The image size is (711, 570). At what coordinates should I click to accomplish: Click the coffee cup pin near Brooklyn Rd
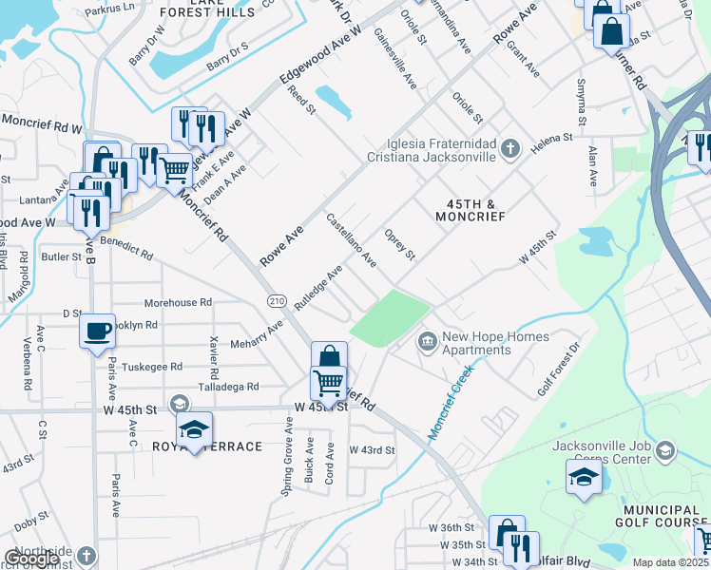pos(97,332)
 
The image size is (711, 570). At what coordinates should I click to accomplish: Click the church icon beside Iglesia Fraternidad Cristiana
pos(510,147)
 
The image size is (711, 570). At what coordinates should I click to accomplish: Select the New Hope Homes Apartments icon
pos(427,339)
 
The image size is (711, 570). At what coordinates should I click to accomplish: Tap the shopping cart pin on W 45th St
pos(328,384)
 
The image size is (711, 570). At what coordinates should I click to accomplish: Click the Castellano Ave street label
pos(351,240)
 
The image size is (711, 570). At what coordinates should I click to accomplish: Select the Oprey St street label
pos(399,244)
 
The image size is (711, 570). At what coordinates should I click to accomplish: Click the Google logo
pos(31,559)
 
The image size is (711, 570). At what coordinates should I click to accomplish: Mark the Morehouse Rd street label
pos(178,303)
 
